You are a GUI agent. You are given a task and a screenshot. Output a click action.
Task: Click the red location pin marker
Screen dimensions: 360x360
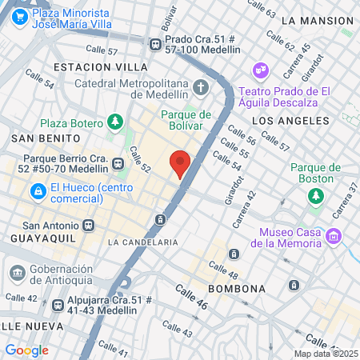[180, 164]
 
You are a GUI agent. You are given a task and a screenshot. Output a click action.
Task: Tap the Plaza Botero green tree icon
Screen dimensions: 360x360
[116, 122]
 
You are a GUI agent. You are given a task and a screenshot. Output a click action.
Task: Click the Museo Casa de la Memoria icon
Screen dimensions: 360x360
[335, 236]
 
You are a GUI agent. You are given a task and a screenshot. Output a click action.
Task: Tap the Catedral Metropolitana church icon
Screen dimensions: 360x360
[199, 86]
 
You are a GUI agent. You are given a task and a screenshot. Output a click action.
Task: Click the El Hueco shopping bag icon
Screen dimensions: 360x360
[37, 191]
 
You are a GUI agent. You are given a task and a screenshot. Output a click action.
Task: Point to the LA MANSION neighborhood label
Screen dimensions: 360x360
[318, 19]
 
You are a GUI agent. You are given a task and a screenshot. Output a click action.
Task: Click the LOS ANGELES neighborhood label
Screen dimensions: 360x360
[290, 120]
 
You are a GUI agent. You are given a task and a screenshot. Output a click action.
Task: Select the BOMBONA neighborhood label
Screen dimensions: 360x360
[237, 288]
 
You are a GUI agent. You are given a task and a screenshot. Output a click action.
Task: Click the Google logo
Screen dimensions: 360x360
[26, 350]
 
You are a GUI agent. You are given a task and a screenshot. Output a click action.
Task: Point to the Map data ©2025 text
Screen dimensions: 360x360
[325, 354]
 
